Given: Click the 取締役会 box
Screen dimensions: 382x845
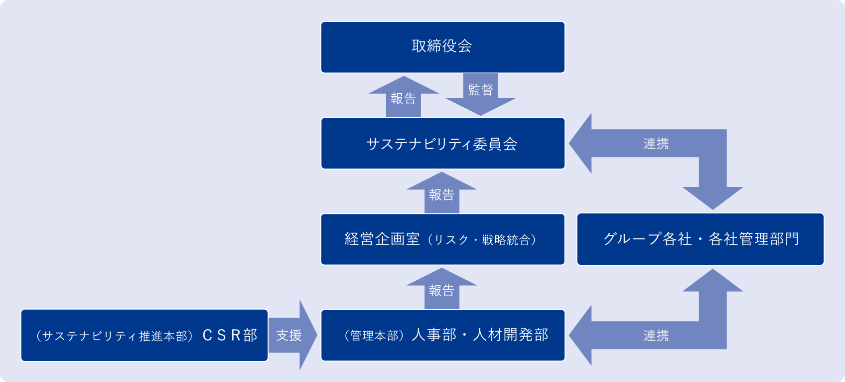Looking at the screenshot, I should click(442, 47).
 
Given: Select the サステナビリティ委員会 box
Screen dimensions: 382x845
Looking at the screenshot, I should click(442, 144).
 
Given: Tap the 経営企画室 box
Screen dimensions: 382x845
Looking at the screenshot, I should click(442, 239).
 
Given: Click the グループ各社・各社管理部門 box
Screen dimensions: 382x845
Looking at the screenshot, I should click(700, 239).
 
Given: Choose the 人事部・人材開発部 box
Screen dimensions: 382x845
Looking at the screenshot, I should click(442, 335).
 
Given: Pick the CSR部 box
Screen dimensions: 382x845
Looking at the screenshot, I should click(144, 335).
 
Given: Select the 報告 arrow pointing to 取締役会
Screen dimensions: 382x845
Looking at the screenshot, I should click(404, 99).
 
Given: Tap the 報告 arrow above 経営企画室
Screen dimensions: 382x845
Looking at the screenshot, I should click(441, 194).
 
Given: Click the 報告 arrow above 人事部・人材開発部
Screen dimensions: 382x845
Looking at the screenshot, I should click(441, 290).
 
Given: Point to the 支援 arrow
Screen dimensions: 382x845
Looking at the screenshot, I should click(290, 335).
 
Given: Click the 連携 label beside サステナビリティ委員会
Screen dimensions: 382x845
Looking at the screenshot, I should click(656, 144).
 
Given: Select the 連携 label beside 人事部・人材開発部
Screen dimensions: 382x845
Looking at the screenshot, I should click(656, 336).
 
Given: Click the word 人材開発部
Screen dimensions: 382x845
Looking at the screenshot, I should click(511, 335).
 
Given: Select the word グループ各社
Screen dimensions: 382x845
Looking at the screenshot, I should click(647, 239).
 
